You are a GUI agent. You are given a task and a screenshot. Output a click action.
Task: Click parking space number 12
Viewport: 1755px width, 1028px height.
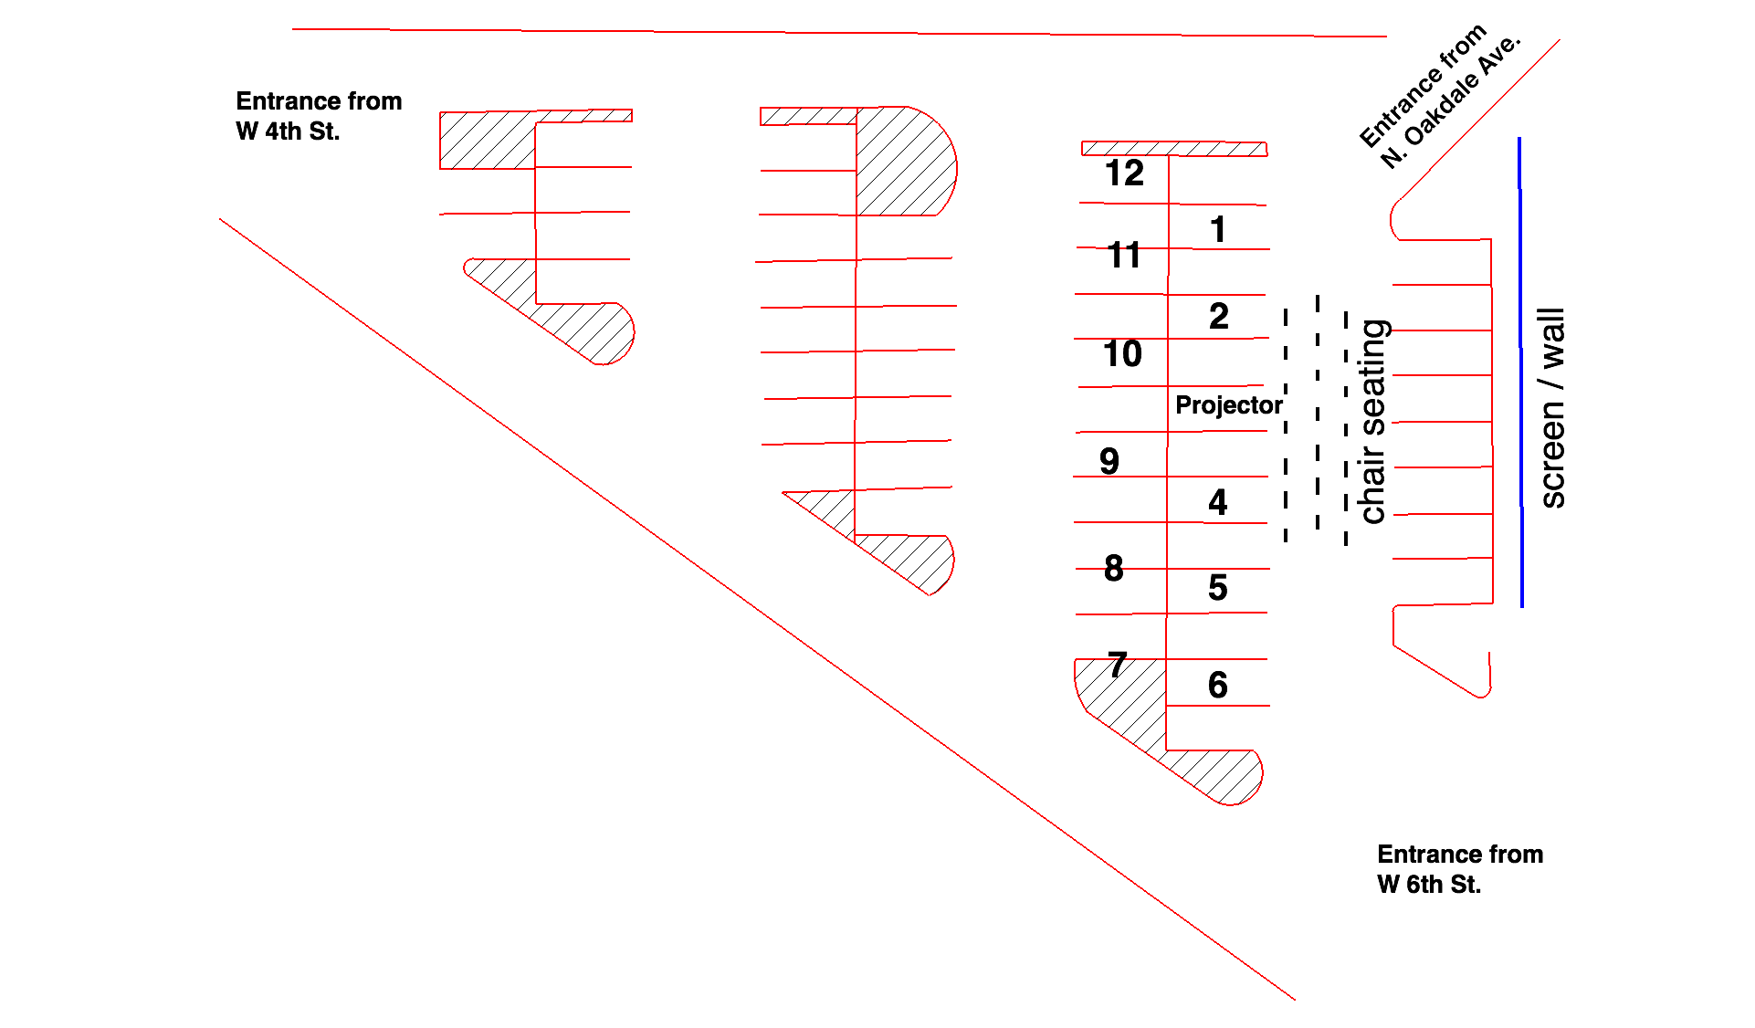click(1124, 173)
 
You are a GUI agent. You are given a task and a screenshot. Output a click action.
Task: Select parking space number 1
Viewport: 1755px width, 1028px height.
click(1217, 229)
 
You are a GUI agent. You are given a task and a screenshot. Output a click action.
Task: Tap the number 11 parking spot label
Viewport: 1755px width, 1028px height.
click(1124, 256)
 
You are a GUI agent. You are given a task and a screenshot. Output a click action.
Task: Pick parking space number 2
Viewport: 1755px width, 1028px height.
click(1218, 317)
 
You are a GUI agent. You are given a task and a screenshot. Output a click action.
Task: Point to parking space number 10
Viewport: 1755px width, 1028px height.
click(1122, 354)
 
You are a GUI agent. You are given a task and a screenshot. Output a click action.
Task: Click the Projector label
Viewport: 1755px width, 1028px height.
click(1228, 405)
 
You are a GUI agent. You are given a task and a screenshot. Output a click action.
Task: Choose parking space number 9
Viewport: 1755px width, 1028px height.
click(1109, 461)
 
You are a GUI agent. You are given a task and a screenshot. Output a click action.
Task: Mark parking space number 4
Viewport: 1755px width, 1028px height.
click(1217, 502)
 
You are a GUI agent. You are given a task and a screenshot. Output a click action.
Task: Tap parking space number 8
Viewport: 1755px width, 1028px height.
click(1113, 569)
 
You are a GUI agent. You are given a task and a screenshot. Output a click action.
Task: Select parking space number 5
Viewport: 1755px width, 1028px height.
click(1217, 588)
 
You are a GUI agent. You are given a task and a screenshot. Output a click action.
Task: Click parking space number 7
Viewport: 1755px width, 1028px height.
click(1118, 665)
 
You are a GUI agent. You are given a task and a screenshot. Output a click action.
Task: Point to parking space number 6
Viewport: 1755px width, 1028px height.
click(1217, 685)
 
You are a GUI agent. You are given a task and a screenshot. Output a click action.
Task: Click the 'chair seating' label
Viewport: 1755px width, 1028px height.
click(1373, 422)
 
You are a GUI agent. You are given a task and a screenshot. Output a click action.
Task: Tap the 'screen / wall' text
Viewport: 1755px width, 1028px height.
click(1552, 408)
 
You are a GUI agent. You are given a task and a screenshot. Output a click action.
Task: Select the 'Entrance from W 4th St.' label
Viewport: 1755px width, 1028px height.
click(319, 116)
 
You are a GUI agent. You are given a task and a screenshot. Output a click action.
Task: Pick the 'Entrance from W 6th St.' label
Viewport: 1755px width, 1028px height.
click(1459, 869)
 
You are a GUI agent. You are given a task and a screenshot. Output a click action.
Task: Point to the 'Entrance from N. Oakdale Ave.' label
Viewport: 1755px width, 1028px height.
click(1439, 97)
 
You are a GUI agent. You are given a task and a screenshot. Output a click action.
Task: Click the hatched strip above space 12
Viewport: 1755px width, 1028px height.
click(1174, 149)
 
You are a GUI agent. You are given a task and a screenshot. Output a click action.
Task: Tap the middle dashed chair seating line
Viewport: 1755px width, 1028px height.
click(1317, 411)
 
